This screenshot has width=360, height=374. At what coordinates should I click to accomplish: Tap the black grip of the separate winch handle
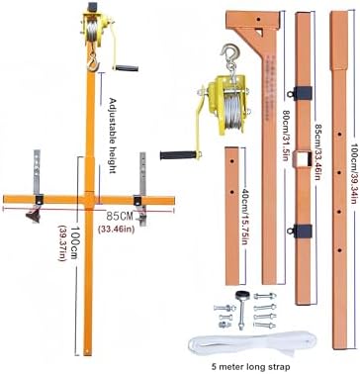(179, 155)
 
